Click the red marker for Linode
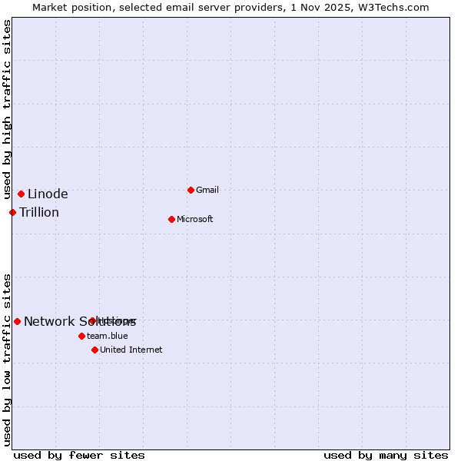pyautogui.click(x=21, y=194)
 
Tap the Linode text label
pyautogui.click(x=48, y=194)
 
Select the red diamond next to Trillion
pyautogui.click(x=13, y=212)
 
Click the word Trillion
pyautogui.click(x=39, y=213)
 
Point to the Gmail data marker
pyautogui.click(x=191, y=190)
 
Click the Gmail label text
pyautogui.click(x=207, y=191)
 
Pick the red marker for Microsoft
pyautogui.click(x=171, y=219)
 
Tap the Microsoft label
pyautogui.click(x=195, y=220)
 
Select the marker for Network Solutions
pyautogui.click(x=17, y=321)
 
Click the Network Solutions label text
pyautogui.click(x=80, y=322)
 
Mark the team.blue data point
pyautogui.click(x=81, y=336)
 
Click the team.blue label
pyautogui.click(x=108, y=336)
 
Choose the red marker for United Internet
pyautogui.click(x=95, y=350)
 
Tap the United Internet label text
pyautogui.click(x=131, y=350)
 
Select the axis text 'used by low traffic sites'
pyautogui.click(x=7, y=360)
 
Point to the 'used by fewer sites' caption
pyautogui.click(x=79, y=455)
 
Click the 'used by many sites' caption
pyautogui.click(x=386, y=455)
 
